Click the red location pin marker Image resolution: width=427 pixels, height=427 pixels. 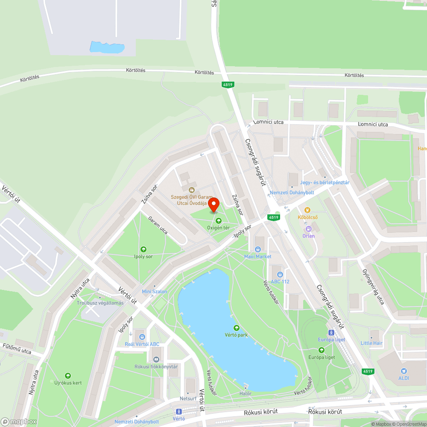click(x=213, y=205)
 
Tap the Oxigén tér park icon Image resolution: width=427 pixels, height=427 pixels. click(x=219, y=221)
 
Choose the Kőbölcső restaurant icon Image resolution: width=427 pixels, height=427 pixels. click(x=307, y=210)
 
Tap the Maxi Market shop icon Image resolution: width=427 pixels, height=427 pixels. click(x=258, y=249)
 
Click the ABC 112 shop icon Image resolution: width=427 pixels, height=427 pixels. click(x=280, y=274)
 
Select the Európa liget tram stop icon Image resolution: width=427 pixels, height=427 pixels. click(x=331, y=332)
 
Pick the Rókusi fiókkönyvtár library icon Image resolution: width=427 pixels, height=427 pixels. click(x=156, y=359)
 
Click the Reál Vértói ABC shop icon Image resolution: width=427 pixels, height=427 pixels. click(x=142, y=337)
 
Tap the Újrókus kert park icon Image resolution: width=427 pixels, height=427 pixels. click(x=67, y=375)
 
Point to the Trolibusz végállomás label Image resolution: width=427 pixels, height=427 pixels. click(x=100, y=303)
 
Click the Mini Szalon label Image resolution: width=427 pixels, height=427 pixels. click(x=155, y=291)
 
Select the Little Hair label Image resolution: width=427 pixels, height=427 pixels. click(x=371, y=343)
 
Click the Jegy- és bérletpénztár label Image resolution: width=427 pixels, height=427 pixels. click(x=325, y=182)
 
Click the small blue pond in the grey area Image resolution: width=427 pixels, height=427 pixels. click(x=107, y=47)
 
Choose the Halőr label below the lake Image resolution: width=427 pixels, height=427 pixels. click(x=246, y=393)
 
